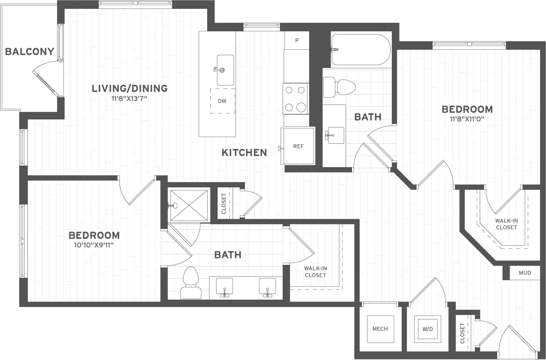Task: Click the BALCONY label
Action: tap(29, 52)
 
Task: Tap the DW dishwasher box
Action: tap(222, 101)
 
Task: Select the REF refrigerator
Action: tap(298, 146)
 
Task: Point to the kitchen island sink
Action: tap(225, 70)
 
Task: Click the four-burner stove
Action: tap(296, 99)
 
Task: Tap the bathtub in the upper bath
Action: tap(361, 50)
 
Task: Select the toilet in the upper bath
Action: tap(340, 87)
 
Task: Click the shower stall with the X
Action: tap(189, 205)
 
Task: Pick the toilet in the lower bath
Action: tap(190, 282)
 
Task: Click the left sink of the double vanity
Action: tap(224, 287)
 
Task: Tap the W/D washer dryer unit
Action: tap(427, 329)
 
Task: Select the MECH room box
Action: tap(380, 329)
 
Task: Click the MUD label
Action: tap(525, 273)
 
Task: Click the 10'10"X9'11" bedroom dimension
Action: tap(94, 245)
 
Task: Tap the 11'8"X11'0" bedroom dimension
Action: tap(467, 119)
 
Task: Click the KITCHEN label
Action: tap(244, 152)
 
